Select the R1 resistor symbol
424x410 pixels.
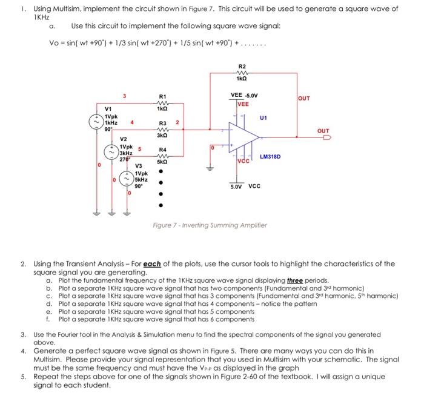[162, 103]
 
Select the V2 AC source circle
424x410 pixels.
[113, 151]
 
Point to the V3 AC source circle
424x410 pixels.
[128, 179]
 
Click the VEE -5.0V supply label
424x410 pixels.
[245, 95]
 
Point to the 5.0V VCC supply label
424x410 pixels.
[245, 186]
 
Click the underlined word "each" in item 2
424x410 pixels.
[143, 263]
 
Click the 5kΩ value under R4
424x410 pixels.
[162, 163]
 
